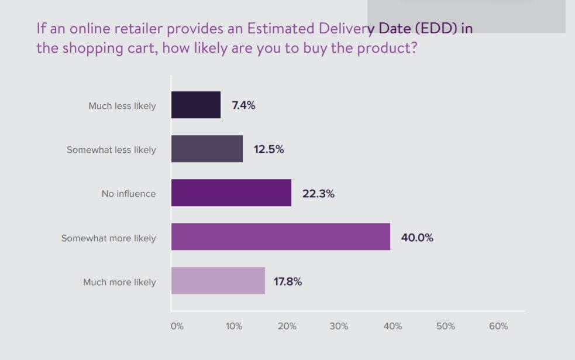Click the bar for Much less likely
click(x=196, y=105)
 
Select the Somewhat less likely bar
click(x=207, y=149)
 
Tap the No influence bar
click(x=231, y=193)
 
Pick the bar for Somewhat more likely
click(x=281, y=237)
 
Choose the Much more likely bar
click(x=218, y=281)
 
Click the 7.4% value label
click(x=243, y=106)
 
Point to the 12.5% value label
click(x=268, y=149)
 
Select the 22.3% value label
click(x=318, y=194)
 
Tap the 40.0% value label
click(x=417, y=238)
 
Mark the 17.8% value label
click(x=288, y=282)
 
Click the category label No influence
click(x=129, y=194)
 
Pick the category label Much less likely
click(x=122, y=106)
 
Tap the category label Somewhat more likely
click(x=109, y=238)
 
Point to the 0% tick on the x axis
click(x=177, y=327)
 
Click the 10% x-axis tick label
click(x=234, y=327)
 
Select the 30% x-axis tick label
click(x=339, y=327)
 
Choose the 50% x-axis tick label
click(x=446, y=327)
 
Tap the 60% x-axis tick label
click(x=498, y=327)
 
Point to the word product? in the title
click(x=388, y=48)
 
